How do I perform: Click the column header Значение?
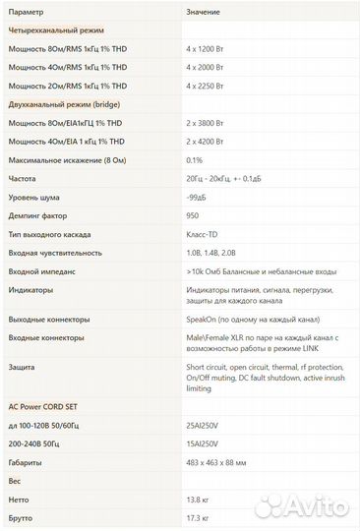point(203,11)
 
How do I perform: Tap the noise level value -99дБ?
point(198,198)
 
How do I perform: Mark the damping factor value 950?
point(193,215)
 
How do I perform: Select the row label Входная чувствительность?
point(54,253)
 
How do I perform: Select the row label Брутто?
point(22,517)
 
